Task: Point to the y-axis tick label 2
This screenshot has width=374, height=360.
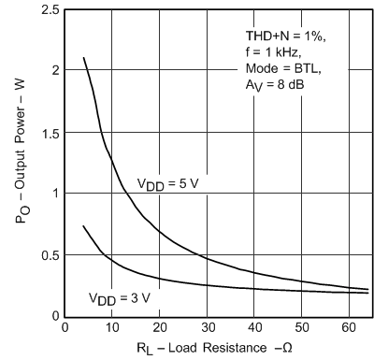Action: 54,70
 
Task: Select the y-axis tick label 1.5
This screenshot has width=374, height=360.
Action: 49,132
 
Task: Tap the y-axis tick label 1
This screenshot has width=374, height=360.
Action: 54,194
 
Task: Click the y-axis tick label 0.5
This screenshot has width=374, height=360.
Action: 49,255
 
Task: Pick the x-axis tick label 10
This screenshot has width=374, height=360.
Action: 111,328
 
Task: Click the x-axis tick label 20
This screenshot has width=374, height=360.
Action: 159,328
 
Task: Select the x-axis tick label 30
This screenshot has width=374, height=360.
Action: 207,328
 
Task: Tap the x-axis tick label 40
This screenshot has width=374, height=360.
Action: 254,328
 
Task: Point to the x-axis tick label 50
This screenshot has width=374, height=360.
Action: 302,328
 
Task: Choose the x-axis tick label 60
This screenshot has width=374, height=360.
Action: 350,328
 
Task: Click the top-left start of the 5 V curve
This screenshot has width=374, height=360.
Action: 84,58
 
